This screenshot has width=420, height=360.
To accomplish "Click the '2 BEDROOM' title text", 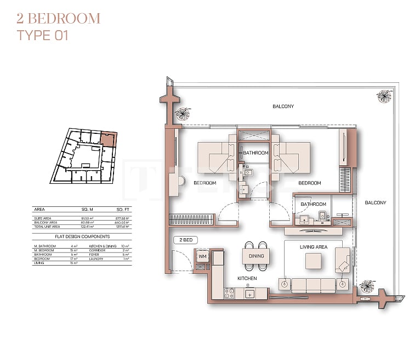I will pyautogui.click(x=58, y=18).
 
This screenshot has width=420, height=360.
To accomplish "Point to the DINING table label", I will pyautogui.click(x=256, y=256).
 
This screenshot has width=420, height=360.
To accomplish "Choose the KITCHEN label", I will pyautogui.click(x=247, y=278).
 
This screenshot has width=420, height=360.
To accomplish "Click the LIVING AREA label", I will pyautogui.click(x=314, y=247).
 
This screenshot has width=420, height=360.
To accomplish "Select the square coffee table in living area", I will pyautogui.click(x=314, y=261).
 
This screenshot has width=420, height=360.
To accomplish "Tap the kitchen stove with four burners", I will pyautogui.click(x=229, y=293).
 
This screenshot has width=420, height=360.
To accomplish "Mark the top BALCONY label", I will pyautogui.click(x=283, y=106).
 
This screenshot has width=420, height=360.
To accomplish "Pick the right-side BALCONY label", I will pyautogui.click(x=376, y=203).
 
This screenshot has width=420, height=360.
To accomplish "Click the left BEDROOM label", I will pyautogui.click(x=205, y=183).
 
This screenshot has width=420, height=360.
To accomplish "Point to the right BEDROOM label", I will pyautogui.click(x=309, y=183).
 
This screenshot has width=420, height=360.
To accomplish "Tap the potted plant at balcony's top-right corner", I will pyautogui.click(x=384, y=97).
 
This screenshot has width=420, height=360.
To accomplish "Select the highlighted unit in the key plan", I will pyautogui.click(x=109, y=138).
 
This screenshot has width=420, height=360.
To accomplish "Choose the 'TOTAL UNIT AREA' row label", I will pyautogui.click(x=47, y=226).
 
